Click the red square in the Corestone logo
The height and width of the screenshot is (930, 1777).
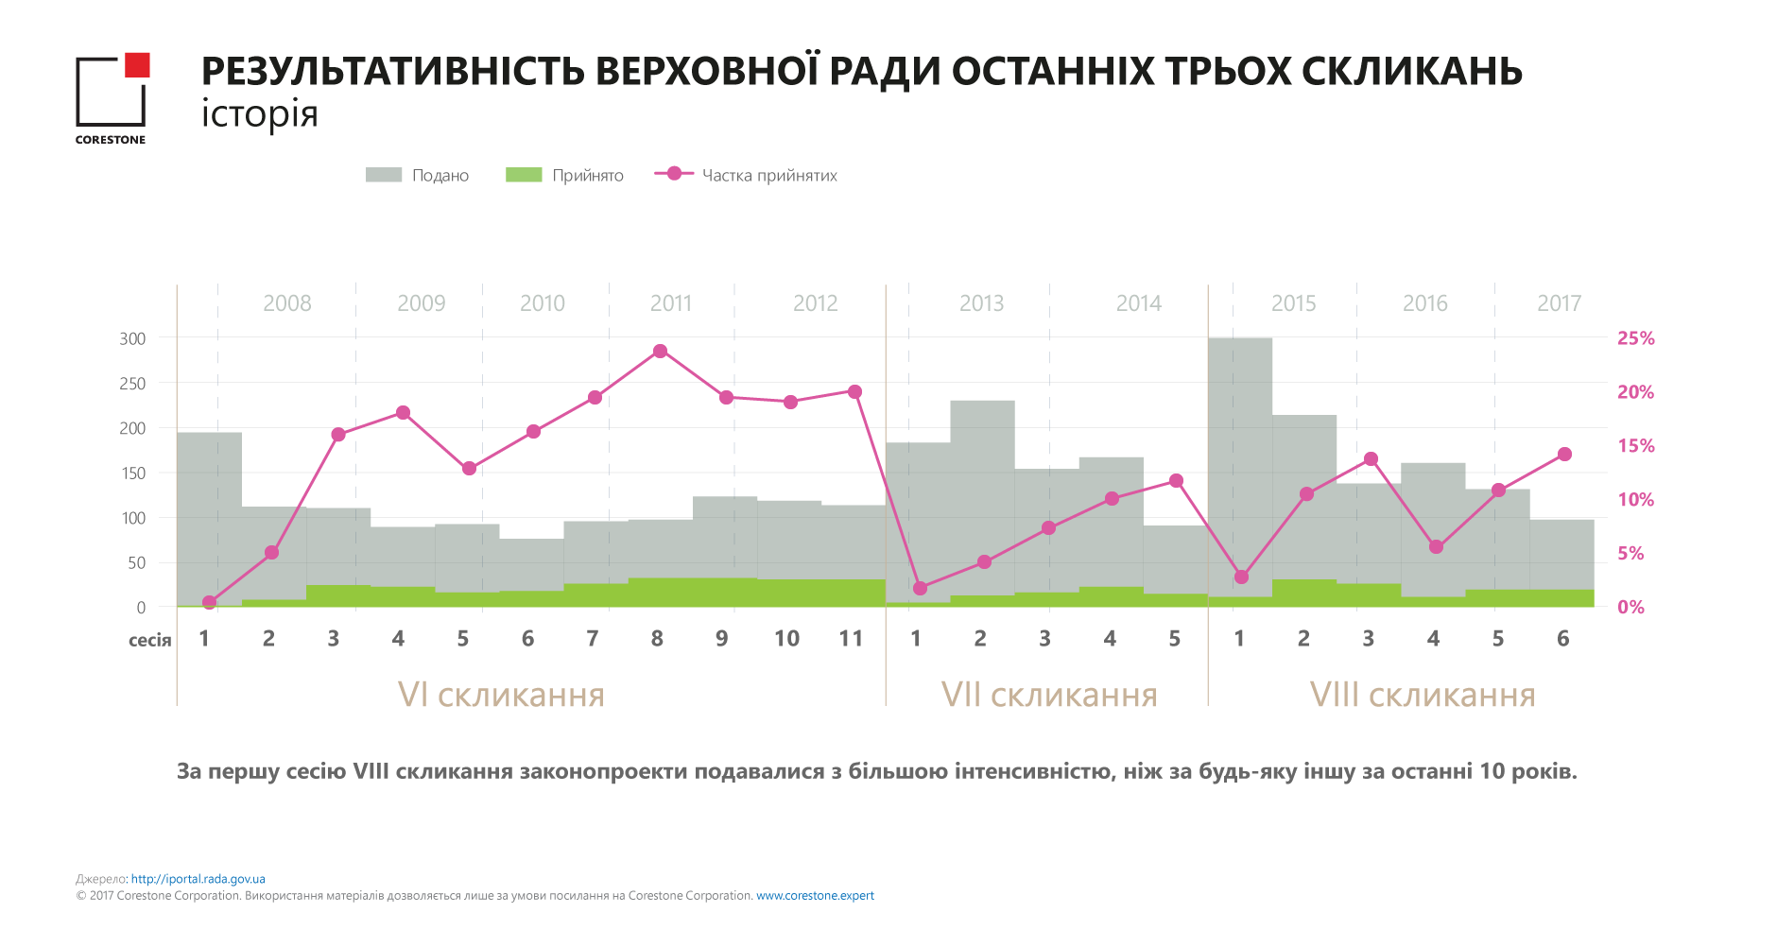tap(137, 64)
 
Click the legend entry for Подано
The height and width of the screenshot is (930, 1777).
tap(417, 175)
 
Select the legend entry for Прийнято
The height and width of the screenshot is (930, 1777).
tap(564, 175)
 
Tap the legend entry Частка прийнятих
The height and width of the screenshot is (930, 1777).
tap(746, 175)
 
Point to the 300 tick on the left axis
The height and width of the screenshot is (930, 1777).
tap(132, 338)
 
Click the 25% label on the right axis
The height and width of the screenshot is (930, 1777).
tap(1635, 338)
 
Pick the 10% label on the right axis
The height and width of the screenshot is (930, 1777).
tap(1635, 500)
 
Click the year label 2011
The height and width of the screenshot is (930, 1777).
tap(671, 303)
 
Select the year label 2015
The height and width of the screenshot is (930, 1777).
tap(1293, 303)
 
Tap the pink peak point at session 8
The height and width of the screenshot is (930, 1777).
tap(661, 352)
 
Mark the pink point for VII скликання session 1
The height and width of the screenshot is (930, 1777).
tap(921, 588)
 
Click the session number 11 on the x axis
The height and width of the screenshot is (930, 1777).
tap(851, 639)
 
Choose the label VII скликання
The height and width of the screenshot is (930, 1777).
tap(1049, 695)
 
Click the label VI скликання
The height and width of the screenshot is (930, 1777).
tap(501, 695)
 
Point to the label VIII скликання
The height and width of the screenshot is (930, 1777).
tap(1423, 695)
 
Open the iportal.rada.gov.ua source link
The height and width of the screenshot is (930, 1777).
tap(198, 879)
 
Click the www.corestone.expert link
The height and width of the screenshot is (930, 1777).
tap(815, 896)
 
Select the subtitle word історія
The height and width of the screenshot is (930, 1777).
tap(260, 114)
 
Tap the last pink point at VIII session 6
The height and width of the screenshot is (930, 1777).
tap(1564, 455)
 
